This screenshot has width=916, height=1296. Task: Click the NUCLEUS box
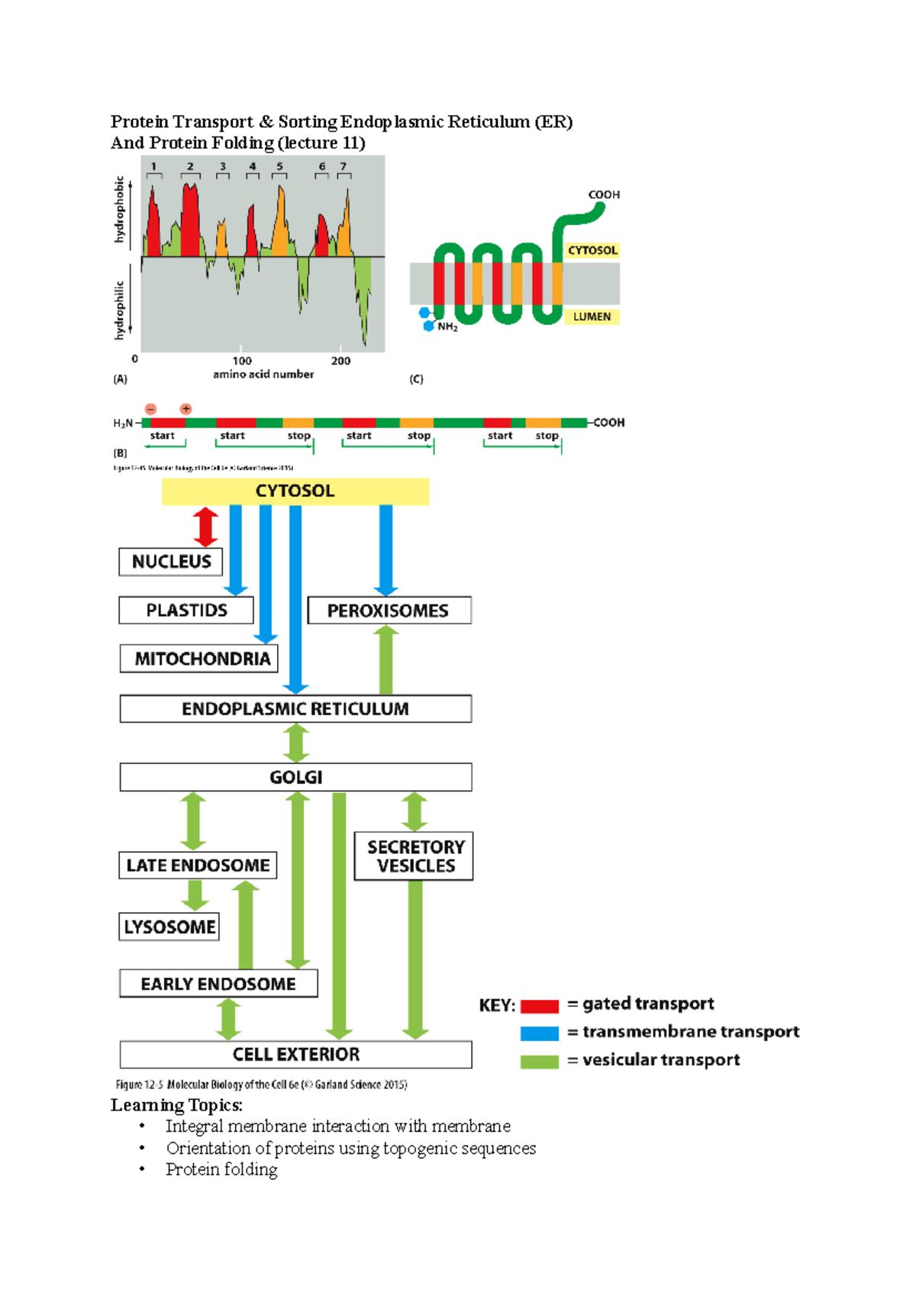[x=171, y=562]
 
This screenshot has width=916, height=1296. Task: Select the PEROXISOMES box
[x=389, y=611]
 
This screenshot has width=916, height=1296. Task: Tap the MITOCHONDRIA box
[x=199, y=659]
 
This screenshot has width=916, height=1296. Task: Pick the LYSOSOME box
[x=169, y=927]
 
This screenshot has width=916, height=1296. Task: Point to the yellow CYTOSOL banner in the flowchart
[x=295, y=491]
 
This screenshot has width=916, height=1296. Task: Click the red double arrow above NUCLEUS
[x=205, y=527]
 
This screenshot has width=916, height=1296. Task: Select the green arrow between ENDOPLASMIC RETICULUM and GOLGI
[x=296, y=743]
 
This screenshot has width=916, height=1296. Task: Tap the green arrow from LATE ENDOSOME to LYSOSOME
[x=195, y=895]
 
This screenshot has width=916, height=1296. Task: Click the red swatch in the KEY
[x=539, y=1006]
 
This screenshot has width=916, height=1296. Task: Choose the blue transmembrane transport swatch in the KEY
[x=539, y=1033]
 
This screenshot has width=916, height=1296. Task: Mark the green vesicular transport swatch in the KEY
[x=539, y=1062]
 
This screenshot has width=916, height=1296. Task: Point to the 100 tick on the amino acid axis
[x=242, y=360]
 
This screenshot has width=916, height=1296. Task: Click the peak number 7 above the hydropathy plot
[x=343, y=166]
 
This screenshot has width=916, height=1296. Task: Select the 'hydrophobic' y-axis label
[x=119, y=209]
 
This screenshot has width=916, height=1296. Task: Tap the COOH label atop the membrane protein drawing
[x=604, y=195]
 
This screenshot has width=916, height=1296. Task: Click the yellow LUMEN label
[x=592, y=317]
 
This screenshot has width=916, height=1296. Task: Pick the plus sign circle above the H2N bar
[x=185, y=409]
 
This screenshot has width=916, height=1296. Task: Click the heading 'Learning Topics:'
[x=176, y=1105]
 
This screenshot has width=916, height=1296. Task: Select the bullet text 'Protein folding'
[x=221, y=1169]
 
